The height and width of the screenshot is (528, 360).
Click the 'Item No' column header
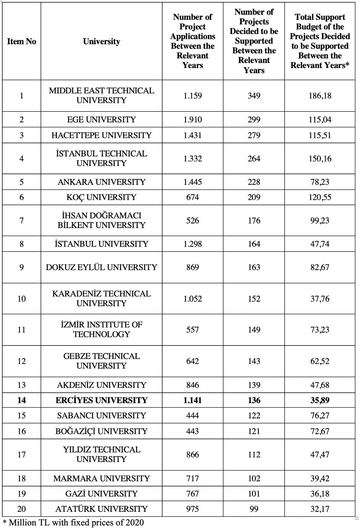(21, 42)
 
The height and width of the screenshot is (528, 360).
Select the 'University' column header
(101, 42)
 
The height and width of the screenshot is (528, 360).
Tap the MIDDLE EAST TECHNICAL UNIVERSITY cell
(101, 95)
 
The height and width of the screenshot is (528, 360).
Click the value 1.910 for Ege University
(193, 119)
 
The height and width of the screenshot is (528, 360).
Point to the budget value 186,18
(320, 96)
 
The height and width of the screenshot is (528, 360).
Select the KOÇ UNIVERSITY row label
(101, 197)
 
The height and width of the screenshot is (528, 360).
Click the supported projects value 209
(254, 197)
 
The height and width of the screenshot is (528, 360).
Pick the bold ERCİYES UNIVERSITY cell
(101, 400)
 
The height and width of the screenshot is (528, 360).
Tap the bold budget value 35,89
(320, 400)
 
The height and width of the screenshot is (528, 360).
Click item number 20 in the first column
(21, 509)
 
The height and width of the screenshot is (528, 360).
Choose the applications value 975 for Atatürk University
(193, 509)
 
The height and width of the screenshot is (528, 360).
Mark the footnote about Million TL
(73, 522)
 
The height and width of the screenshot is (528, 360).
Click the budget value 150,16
(320, 159)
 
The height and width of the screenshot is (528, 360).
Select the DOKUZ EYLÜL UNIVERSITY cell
(101, 267)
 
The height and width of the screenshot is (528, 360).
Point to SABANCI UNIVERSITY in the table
(101, 415)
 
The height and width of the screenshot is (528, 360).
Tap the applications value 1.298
(193, 244)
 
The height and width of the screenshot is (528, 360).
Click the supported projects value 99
(254, 509)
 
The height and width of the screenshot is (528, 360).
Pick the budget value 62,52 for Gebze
(320, 361)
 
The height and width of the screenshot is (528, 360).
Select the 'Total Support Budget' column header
(320, 41)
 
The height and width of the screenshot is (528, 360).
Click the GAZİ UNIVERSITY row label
(101, 494)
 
